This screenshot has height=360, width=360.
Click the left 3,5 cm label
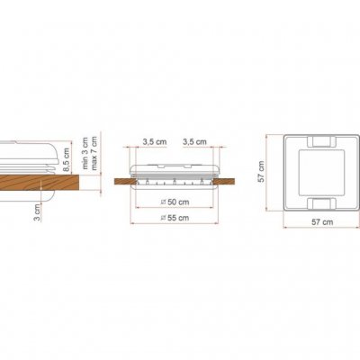(x=154, y=142)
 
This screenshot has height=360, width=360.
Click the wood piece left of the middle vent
(x=126, y=183)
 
